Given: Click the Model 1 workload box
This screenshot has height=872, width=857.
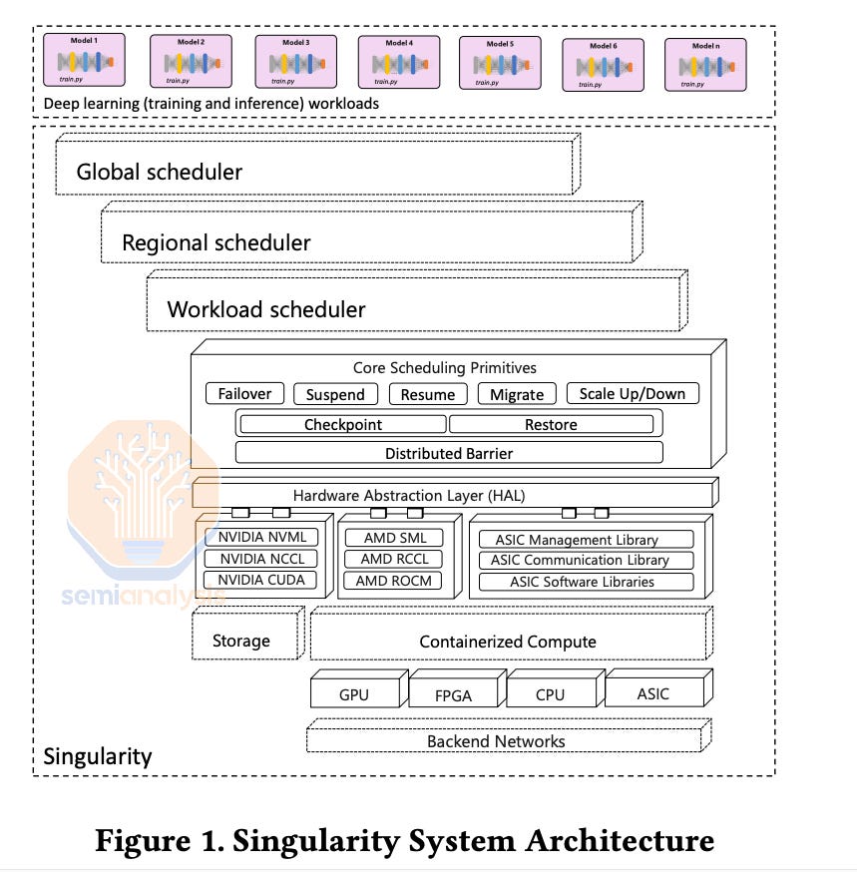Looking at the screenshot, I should pos(85,62).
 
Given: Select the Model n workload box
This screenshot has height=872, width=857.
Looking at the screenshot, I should pos(704,64).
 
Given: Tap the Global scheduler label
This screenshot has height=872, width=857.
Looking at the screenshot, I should pos(160,172).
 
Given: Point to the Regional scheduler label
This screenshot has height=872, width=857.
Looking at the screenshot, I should pos(215,242).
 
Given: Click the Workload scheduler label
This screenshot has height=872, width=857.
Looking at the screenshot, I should pos(265,309).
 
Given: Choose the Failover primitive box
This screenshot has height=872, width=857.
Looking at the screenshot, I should pos(244,393).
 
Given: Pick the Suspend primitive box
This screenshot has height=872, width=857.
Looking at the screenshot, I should pos(335,394).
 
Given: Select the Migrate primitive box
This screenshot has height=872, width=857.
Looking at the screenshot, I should pos(517,394).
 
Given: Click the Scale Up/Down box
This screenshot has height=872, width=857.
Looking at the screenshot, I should pos(633,393).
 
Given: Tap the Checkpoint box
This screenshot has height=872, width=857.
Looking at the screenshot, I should pos(342,424).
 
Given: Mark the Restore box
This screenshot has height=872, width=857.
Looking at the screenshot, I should pos(551,424).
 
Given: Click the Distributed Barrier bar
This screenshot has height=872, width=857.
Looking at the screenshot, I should pos(449,453).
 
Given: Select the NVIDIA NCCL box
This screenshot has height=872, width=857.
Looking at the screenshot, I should pos(262,559).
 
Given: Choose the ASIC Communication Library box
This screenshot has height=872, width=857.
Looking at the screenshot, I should pos(580,561).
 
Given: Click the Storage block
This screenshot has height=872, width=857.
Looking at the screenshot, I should pos(241,641).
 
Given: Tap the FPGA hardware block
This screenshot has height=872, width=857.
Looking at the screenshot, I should pos(452,695).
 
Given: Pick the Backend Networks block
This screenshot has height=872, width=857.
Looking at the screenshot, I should pos(496,741).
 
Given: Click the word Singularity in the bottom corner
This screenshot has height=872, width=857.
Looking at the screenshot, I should pos(98,756).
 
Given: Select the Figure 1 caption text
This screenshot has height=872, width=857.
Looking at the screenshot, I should pos(404,840).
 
